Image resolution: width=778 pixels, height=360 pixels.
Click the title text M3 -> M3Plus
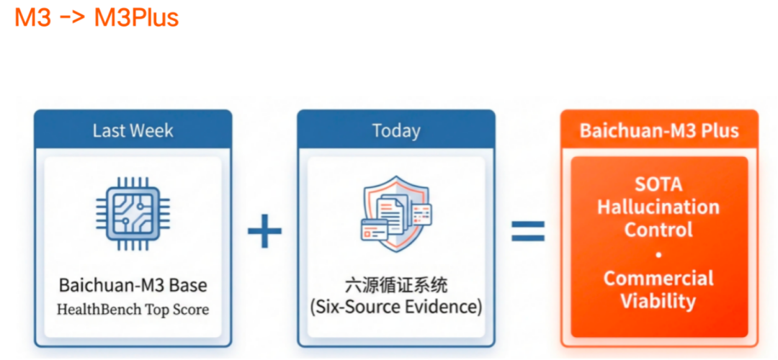pyautogui.click(x=97, y=17)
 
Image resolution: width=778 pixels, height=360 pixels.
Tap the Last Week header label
pyautogui.click(x=133, y=131)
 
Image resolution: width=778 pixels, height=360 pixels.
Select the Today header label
pyautogui.click(x=395, y=131)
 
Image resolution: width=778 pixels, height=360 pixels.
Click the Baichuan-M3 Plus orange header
pyautogui.click(x=658, y=131)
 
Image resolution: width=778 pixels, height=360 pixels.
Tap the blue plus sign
pyautogui.click(x=264, y=231)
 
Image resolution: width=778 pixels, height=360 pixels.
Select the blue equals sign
pyautogui.click(x=528, y=231)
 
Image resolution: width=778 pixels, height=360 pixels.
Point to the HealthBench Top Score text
pyautogui.click(x=133, y=310)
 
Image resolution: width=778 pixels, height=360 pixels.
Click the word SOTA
pyautogui.click(x=658, y=184)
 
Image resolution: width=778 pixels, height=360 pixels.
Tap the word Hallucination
pyautogui.click(x=658, y=207)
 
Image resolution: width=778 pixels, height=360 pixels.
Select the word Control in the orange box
pyautogui.click(x=658, y=230)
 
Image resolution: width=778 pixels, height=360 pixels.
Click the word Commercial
pyautogui.click(x=658, y=278)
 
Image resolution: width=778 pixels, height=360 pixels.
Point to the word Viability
pyautogui.click(x=658, y=301)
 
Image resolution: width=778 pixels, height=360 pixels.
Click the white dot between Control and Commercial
pyautogui.click(x=658, y=254)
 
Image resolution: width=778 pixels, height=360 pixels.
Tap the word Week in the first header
pyautogui.click(x=151, y=131)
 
